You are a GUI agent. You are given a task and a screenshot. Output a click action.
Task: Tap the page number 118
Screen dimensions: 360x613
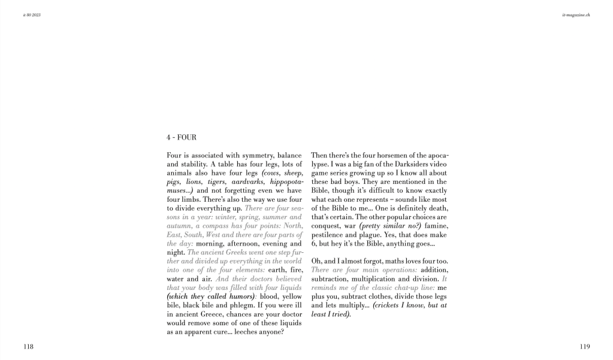tap(28, 346)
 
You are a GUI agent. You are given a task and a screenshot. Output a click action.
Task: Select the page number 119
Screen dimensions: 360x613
tap(585, 346)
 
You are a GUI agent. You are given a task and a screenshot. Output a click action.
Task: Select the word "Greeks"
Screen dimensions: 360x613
tap(230, 252)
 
